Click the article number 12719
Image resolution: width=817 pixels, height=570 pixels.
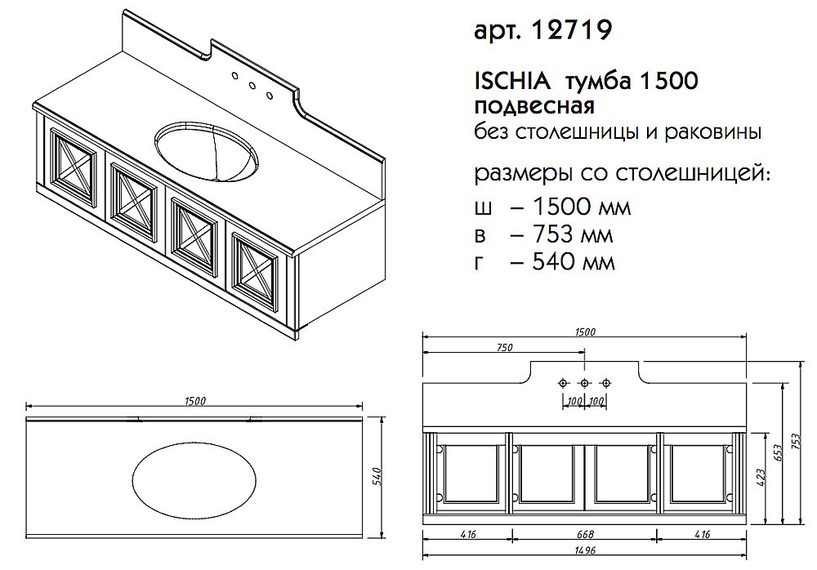pyautogui.click(x=571, y=31)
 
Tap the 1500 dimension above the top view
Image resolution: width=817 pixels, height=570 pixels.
pyautogui.click(x=194, y=400)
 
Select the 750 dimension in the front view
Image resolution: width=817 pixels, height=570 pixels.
pyautogui.click(x=504, y=348)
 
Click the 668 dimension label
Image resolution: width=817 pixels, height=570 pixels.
pyautogui.click(x=585, y=535)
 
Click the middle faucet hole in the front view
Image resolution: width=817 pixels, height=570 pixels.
pyautogui.click(x=584, y=383)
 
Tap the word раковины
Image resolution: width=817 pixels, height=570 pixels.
pyautogui.click(x=720, y=131)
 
